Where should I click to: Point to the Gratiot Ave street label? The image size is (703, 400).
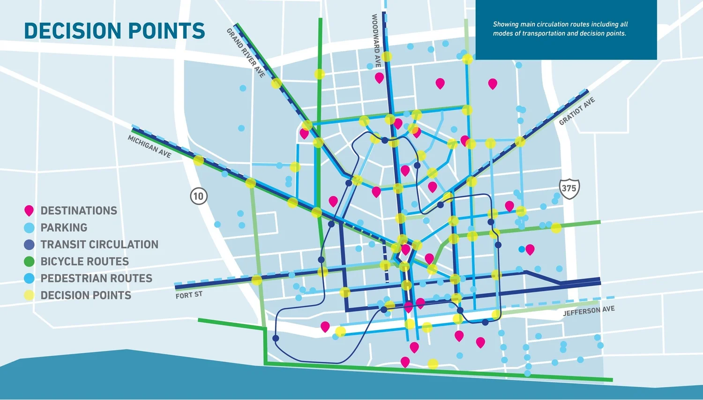tap(577, 111)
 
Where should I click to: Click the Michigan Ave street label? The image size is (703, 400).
tap(150, 147)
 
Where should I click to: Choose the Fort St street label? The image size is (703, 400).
tap(189, 295)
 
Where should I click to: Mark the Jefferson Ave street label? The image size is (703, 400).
tap(589, 311)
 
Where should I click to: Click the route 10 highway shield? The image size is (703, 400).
tap(199, 196)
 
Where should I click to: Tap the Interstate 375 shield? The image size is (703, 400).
tap(569, 188)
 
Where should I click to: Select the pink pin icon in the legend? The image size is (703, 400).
tap(29, 211)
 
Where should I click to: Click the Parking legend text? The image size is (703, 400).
tap(64, 228)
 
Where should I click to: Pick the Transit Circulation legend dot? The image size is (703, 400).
tap(29, 244)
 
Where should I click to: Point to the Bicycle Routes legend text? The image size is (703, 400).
tap(84, 261)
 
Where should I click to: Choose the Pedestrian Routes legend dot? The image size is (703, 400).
tap(29, 278)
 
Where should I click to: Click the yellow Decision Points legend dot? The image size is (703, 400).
tap(29, 295)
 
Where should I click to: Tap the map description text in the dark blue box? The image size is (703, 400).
tap(560, 29)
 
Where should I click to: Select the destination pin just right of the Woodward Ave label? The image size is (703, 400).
tap(379, 78)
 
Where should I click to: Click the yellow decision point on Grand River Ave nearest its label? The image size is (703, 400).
tap(277, 83)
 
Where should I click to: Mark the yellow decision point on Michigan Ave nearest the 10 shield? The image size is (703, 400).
tap(199, 161)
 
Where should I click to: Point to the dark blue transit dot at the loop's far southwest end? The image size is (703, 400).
tap(276, 338)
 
